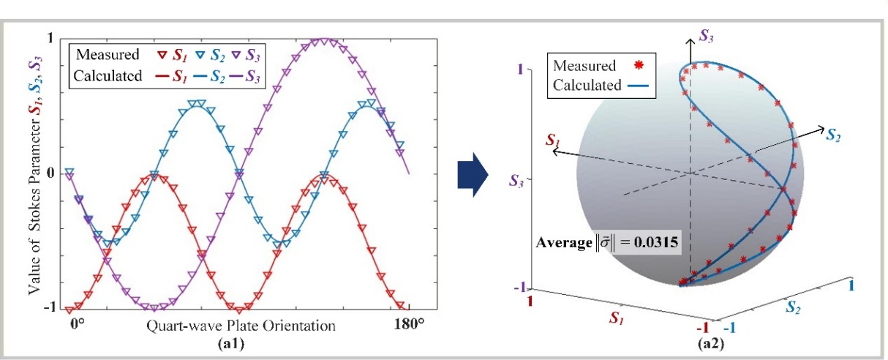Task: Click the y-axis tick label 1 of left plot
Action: (x=49, y=38)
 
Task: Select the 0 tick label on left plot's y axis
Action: (x=49, y=173)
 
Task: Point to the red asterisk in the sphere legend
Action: (x=639, y=67)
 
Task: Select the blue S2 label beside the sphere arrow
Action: (x=833, y=134)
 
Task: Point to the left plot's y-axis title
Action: (x=34, y=173)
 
